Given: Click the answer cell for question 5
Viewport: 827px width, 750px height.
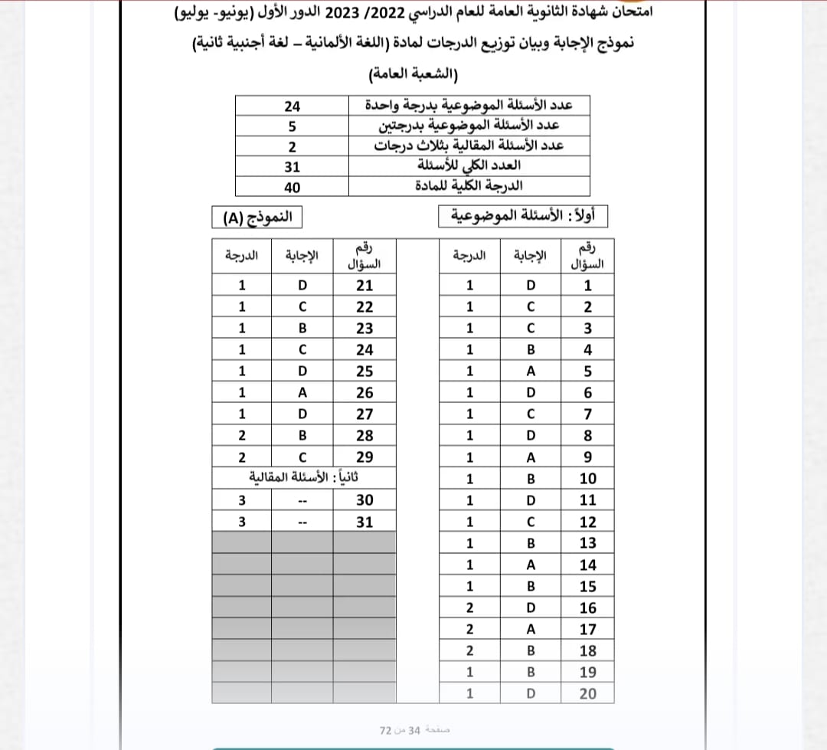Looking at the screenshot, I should tap(531, 372).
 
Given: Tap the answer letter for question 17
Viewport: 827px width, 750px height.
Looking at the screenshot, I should tap(531, 630).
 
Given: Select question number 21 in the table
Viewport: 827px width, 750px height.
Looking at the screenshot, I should tap(364, 286).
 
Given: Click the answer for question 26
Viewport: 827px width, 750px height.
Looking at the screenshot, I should tap(302, 393).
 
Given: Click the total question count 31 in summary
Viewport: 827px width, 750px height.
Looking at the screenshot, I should tap(293, 167).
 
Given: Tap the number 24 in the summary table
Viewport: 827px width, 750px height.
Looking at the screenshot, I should tap(293, 106).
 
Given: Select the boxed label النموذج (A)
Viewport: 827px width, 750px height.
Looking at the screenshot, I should tap(257, 218).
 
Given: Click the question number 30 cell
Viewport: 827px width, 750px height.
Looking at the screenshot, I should tap(364, 500).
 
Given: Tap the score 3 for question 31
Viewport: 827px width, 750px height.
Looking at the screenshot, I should tap(242, 522).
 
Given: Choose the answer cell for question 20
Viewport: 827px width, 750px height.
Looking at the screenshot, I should tap(531, 694).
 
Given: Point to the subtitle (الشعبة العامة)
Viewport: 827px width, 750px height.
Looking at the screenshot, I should tap(413, 74).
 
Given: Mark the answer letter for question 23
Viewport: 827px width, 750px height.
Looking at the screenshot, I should tap(302, 329).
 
